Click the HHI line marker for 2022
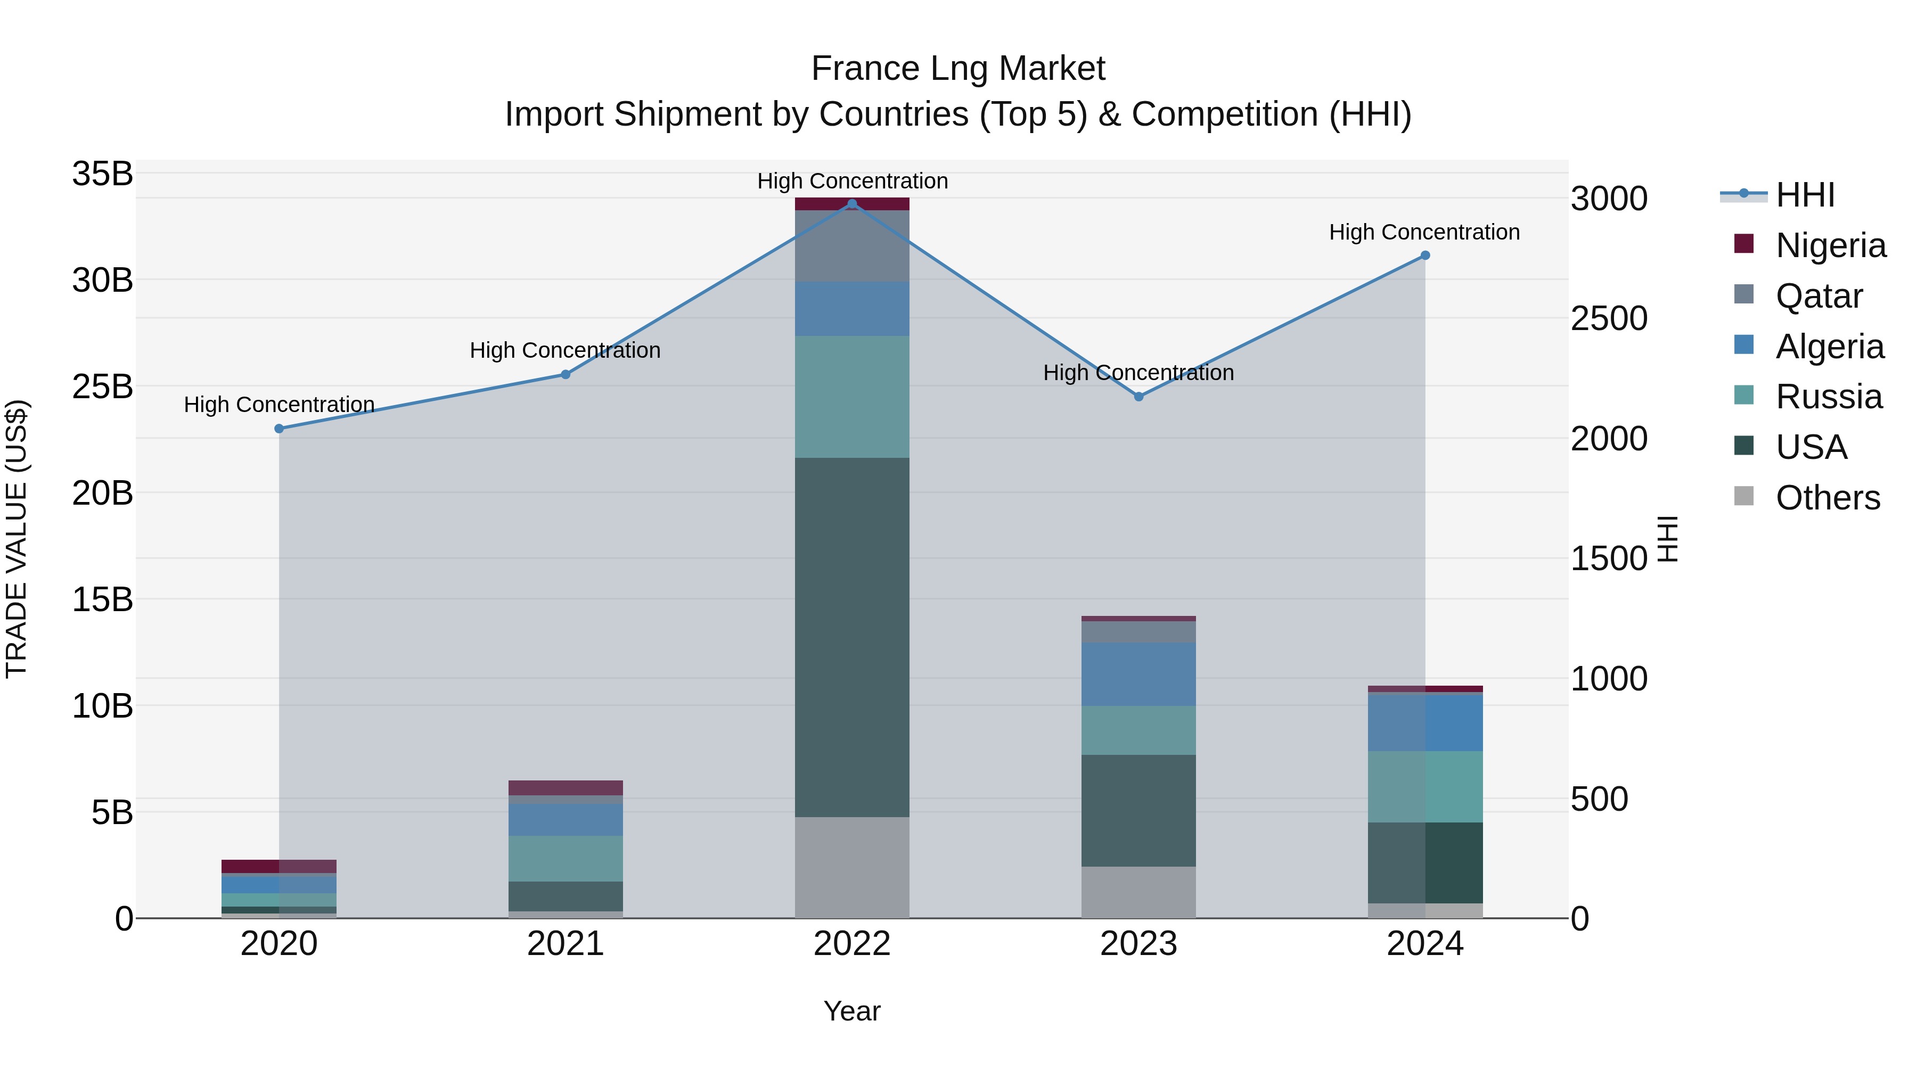852,204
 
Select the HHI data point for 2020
279,429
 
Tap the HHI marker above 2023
1138,397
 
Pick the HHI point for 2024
1425,255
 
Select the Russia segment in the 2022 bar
852,397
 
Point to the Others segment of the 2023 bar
1138,892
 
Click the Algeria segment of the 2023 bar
1138,674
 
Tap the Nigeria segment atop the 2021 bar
566,788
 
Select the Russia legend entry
1829,397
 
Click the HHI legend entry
1805,195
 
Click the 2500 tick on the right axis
1609,318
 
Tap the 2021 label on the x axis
566,944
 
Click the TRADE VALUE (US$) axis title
17,539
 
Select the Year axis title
852,1011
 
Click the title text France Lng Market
958,69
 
